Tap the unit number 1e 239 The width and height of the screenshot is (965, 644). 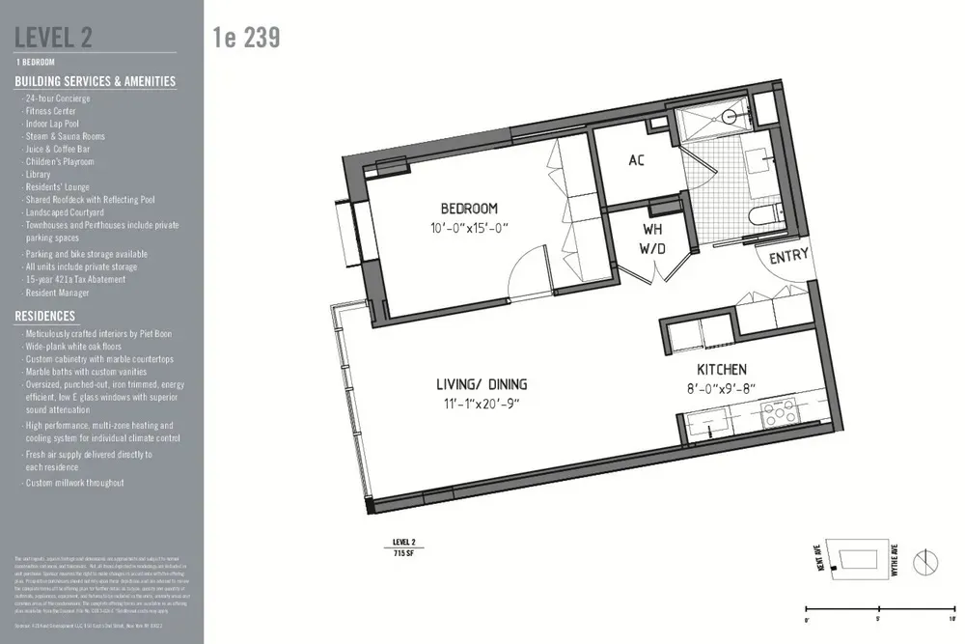coord(246,38)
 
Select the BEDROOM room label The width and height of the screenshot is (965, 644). coord(469,209)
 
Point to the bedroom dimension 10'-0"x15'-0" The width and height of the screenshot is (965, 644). coord(469,228)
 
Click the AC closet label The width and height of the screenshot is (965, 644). coord(636,160)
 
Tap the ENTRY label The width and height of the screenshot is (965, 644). coord(788,257)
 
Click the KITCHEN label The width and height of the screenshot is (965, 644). coord(722,370)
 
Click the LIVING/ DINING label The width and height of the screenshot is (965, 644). coord(479,385)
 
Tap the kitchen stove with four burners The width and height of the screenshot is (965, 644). coord(778,418)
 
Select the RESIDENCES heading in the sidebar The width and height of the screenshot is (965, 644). coord(44,316)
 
